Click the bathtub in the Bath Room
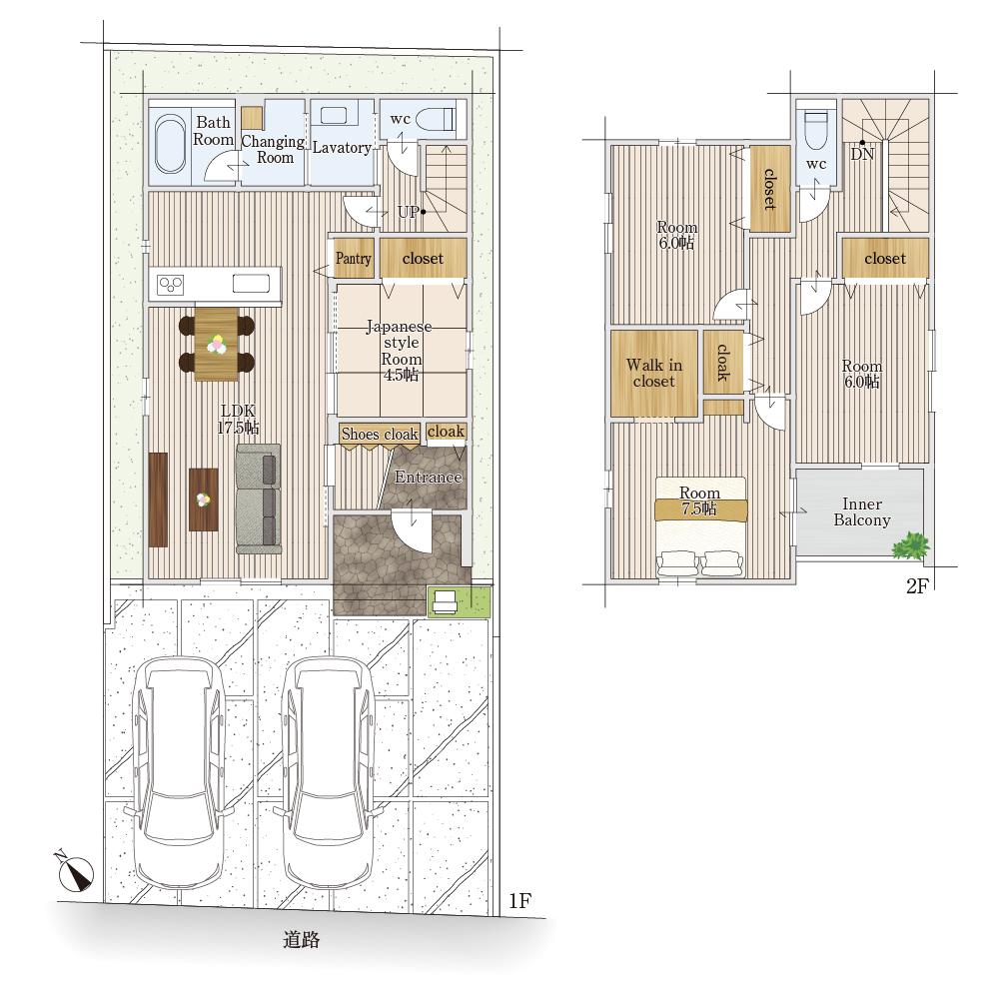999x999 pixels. [170, 143]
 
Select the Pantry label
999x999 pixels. [353, 258]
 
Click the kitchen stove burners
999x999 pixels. [171, 284]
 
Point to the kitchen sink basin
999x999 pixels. [251, 283]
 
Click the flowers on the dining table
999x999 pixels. [217, 344]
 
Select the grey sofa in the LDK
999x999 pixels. [259, 499]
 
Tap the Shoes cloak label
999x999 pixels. [380, 434]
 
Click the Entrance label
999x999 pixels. [428, 477]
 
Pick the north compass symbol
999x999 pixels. [75, 871]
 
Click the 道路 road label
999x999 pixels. [302, 939]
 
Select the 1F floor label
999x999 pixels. [519, 900]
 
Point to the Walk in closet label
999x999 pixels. [654, 373]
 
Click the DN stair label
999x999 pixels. [862, 154]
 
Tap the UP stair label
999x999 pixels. [409, 212]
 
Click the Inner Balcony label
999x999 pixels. [862, 512]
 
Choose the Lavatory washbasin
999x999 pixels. [334, 116]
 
